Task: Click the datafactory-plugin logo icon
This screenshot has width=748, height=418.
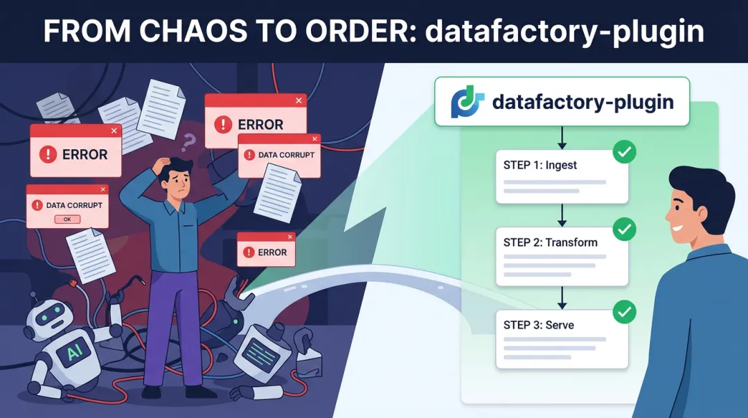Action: [x=467, y=102]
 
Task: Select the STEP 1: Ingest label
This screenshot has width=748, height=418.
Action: [x=540, y=165]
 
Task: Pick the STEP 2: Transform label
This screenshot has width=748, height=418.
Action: [x=550, y=243]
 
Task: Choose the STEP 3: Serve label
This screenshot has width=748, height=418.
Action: [x=538, y=324]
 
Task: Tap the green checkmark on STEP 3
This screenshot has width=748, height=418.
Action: [x=625, y=311]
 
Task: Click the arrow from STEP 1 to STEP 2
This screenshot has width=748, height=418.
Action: [x=562, y=214]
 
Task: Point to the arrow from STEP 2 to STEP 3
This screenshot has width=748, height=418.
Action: [x=562, y=296]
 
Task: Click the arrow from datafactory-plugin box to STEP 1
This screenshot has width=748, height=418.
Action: [x=562, y=137]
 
